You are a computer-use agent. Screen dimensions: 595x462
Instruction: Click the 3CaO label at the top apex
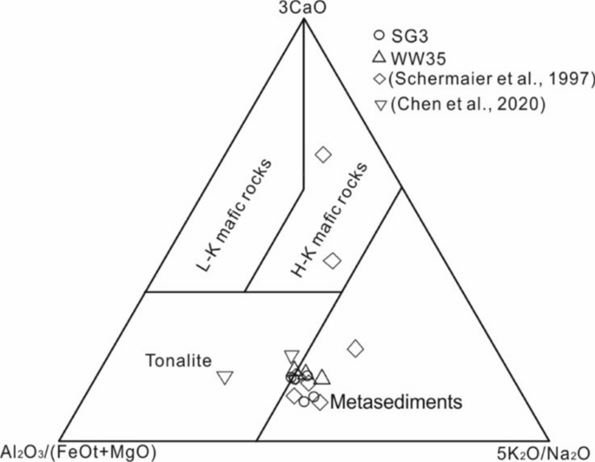302,9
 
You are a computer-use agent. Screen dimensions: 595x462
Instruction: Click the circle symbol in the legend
378,36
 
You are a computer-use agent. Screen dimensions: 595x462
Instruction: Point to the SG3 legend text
409,36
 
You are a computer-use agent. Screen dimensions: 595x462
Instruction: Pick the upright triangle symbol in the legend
378,57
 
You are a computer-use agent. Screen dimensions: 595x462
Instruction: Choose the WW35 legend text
417,57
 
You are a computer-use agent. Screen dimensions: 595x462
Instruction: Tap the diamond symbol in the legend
379,80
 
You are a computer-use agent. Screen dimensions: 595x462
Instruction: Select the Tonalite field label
178,359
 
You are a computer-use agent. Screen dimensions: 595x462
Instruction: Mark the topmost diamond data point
323,155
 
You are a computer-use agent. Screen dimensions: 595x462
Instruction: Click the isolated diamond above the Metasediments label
355,349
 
